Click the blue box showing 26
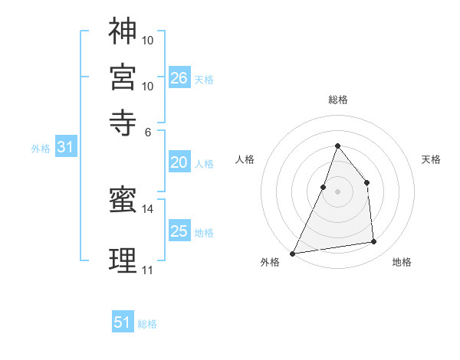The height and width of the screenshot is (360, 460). click(x=179, y=77)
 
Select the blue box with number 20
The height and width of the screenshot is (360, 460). click(x=179, y=162)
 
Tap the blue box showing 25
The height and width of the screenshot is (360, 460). click(x=179, y=231)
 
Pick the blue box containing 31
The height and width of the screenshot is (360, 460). click(x=64, y=148)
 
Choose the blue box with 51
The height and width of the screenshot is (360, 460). click(x=123, y=322)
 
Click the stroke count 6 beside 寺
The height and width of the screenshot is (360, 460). click(x=148, y=132)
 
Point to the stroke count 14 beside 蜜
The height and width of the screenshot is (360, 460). click(x=147, y=208)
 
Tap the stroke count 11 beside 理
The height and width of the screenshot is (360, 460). click(x=147, y=270)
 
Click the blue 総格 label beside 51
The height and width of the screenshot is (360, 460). click(x=147, y=324)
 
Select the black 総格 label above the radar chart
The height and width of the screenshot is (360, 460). click(x=337, y=100)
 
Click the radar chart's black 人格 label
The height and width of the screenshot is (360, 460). click(x=245, y=159)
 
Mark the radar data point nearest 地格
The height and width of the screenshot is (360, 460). click(x=374, y=242)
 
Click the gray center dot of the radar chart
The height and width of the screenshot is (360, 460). click(x=337, y=191)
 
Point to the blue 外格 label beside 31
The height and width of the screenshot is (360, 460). click(x=41, y=149)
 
